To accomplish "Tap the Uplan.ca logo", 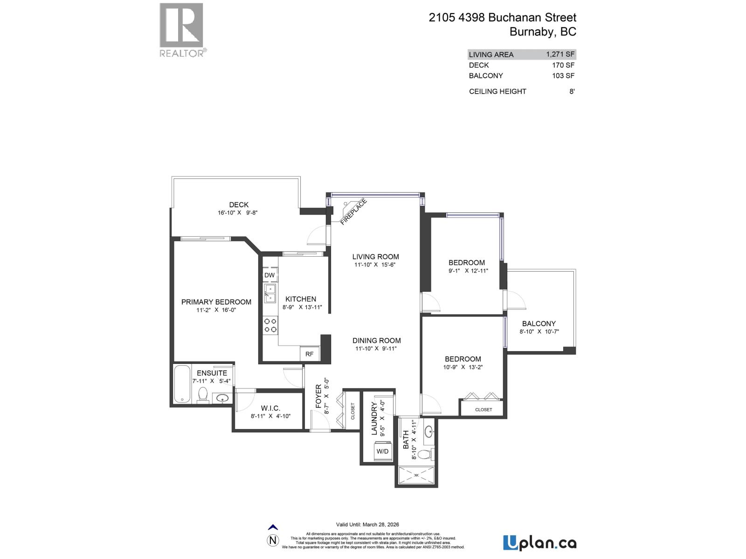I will [x=539, y=543].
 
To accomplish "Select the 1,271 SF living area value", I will [x=560, y=54].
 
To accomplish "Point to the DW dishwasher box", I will [x=269, y=275].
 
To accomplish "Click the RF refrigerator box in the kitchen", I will [x=310, y=354].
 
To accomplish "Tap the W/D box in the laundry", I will [x=382, y=451].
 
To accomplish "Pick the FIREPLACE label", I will [x=353, y=212].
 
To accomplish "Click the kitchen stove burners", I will [x=270, y=325].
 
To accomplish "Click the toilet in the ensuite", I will [x=203, y=395].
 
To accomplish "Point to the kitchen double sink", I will [x=270, y=294].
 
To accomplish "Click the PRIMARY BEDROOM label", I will [x=216, y=302].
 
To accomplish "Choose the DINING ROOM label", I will [x=376, y=341].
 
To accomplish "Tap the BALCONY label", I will [x=539, y=323].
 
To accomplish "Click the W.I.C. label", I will [x=270, y=408].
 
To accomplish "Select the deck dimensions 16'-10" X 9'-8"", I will [x=238, y=212].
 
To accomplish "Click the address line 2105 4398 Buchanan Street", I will [x=502, y=18].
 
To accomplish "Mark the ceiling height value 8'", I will [x=572, y=91].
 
